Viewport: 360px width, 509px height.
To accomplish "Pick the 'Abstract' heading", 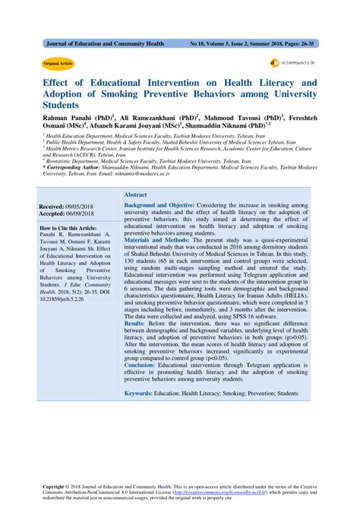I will (x=136, y=195).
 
